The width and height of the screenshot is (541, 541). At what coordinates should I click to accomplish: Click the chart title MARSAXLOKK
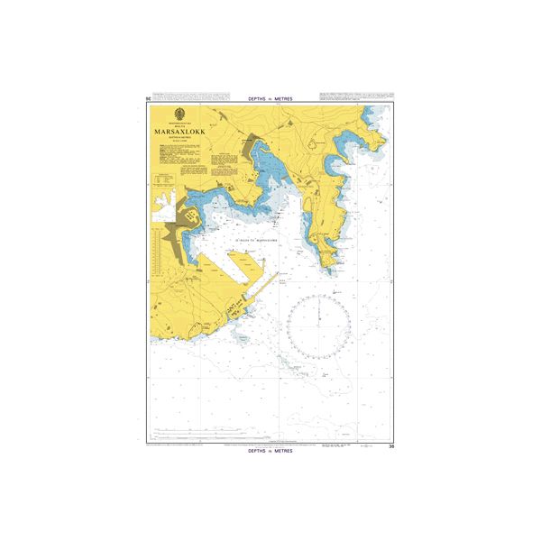pyautogui.click(x=178, y=129)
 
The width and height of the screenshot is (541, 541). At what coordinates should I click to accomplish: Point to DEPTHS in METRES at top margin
pyautogui.click(x=270, y=98)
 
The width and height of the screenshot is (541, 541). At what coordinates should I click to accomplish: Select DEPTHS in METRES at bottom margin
pyautogui.click(x=270, y=452)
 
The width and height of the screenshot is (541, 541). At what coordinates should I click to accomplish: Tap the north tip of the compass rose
pyautogui.click(x=319, y=295)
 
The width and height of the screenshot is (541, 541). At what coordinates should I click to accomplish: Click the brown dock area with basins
pyautogui.click(x=191, y=216)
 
